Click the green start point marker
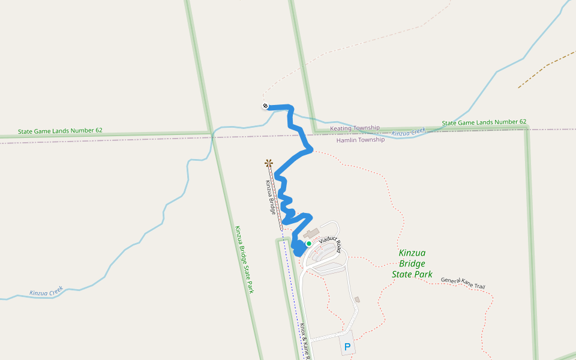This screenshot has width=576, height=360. tap(308, 244)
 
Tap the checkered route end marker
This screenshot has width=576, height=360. tap(265, 106)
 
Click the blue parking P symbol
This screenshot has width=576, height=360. tap(347, 347)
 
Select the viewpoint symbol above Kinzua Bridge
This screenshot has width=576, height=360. tap(269, 163)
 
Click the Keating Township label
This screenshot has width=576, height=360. tap(355, 128)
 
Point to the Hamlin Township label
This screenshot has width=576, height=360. tap(360, 140)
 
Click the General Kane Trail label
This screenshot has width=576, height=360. tap(463, 283)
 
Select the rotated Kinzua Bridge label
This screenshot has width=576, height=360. tap(271, 198)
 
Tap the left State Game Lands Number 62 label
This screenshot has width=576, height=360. tap(60, 130)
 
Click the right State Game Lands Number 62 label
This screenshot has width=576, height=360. tap(484, 122)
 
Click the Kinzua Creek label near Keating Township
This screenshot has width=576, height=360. tap(409, 131)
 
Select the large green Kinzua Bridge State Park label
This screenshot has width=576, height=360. tap(412, 263)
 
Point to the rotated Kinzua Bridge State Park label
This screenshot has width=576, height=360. tap(244, 259)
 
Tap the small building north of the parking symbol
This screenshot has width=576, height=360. tap(357, 299)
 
